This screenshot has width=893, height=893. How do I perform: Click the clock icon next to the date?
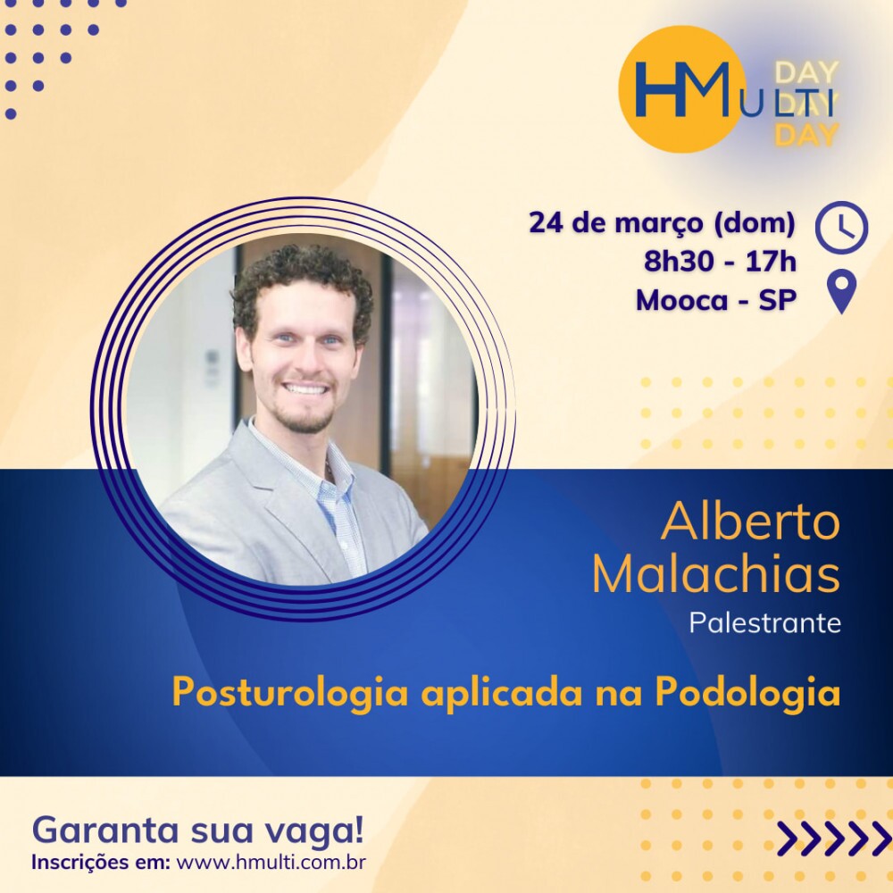click(x=841, y=227)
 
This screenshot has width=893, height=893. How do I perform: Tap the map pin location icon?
click(x=841, y=292)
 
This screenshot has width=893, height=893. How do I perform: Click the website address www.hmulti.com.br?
click(x=271, y=862)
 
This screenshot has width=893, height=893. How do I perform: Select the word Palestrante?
click(x=765, y=622)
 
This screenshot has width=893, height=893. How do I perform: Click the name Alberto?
click(x=750, y=522)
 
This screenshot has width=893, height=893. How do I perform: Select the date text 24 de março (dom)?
click(x=662, y=222)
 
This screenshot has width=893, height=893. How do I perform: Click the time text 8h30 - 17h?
click(x=720, y=262)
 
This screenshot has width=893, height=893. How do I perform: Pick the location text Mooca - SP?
click(x=716, y=299)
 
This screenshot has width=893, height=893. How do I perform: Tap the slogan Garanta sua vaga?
click(x=198, y=830)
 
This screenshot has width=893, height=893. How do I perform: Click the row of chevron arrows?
click(x=834, y=839)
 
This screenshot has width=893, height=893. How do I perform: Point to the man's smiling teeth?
click(x=305, y=389)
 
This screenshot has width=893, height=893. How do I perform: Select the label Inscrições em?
click(x=101, y=863)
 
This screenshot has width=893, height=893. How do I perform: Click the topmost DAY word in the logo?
click(x=806, y=72)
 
